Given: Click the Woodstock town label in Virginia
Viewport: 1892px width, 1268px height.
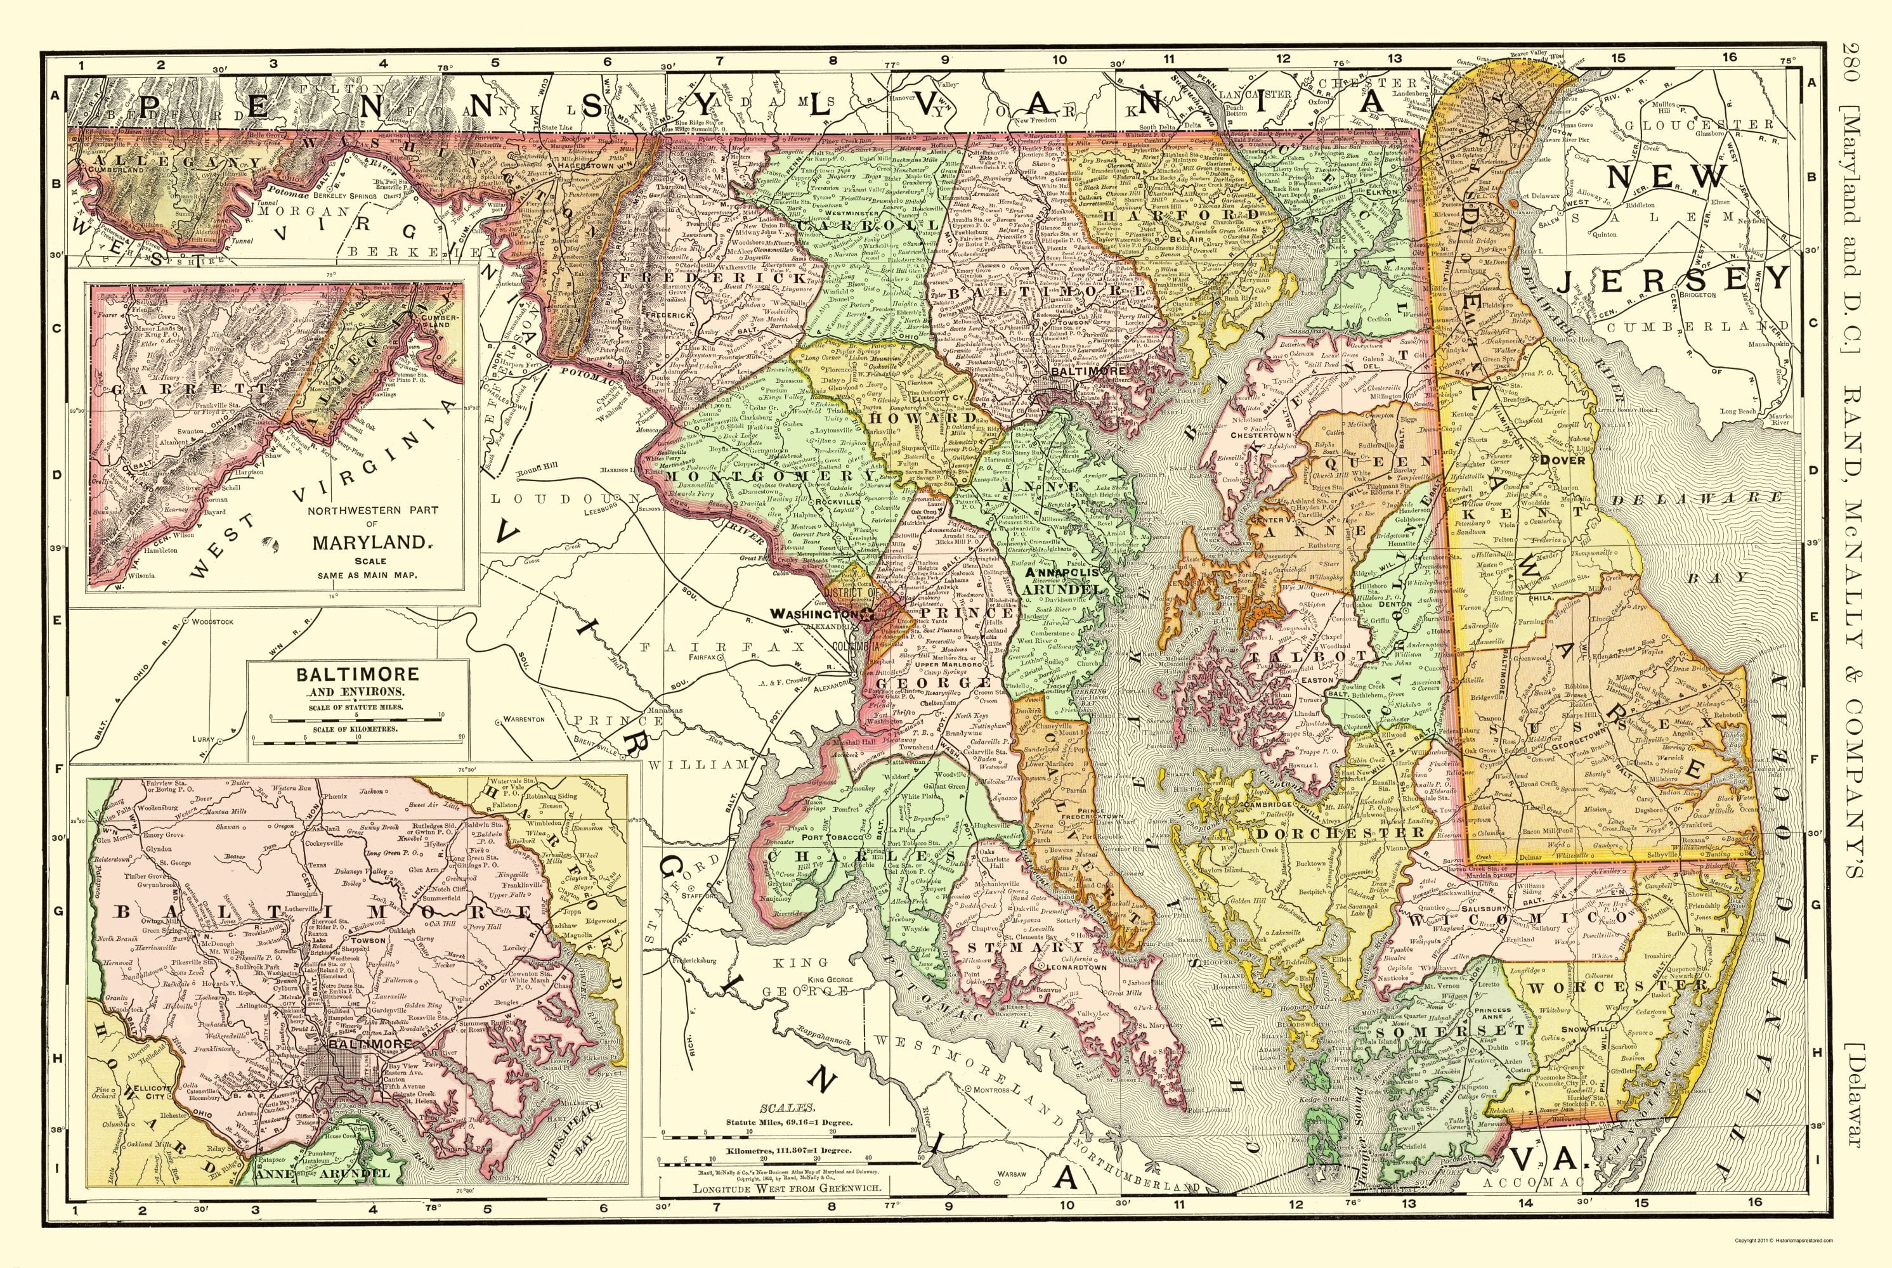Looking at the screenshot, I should pyautogui.click(x=211, y=621).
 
